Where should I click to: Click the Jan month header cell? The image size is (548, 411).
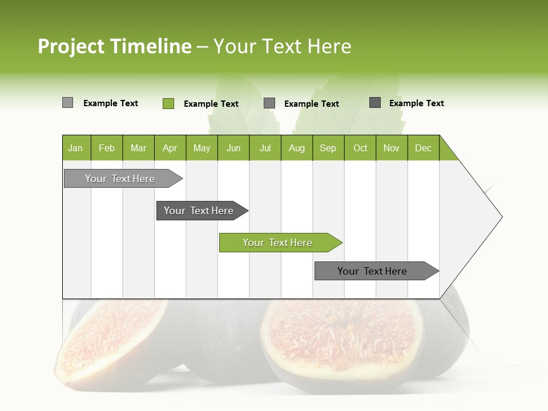pyautogui.click(x=76, y=148)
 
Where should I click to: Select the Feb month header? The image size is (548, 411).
pyautogui.click(x=107, y=148)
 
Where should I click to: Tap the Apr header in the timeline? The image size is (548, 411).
pyautogui.click(x=170, y=148)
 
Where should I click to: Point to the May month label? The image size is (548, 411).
pyautogui.click(x=202, y=148)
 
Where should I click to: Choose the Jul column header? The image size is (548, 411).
pyautogui.click(x=265, y=148)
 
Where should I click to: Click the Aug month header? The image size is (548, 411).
pyautogui.click(x=297, y=148)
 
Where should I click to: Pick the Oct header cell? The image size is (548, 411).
pyautogui.click(x=360, y=148)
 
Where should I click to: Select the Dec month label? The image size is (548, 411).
pyautogui.click(x=423, y=148)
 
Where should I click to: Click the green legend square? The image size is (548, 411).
pyautogui.click(x=168, y=103)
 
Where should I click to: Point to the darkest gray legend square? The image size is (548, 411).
pyautogui.click(x=375, y=103)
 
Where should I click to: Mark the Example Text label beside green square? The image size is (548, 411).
pyautogui.click(x=211, y=104)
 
